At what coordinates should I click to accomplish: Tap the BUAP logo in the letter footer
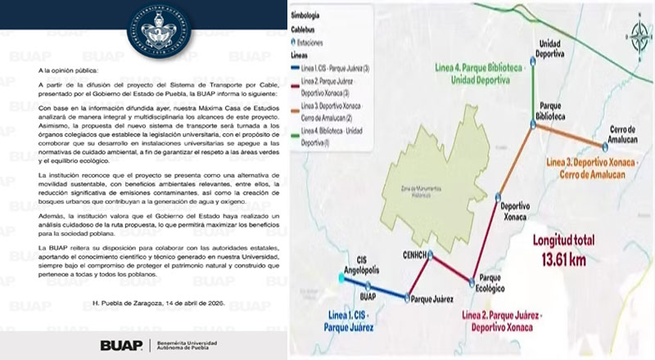121,345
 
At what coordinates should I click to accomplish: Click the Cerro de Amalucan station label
625,133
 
